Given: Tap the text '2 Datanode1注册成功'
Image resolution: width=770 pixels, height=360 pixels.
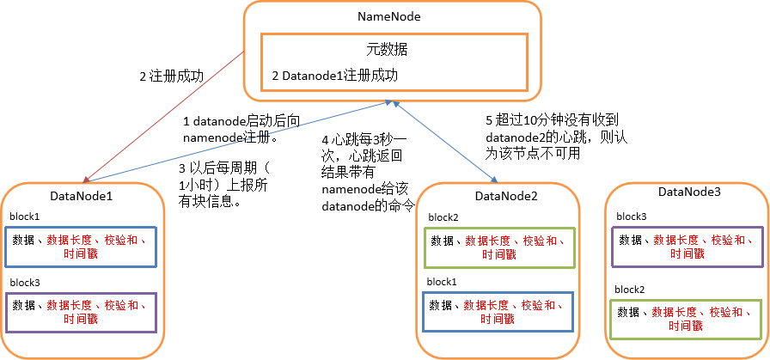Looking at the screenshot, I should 335,76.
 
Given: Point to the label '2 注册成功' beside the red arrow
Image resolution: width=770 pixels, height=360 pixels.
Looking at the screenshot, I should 171,76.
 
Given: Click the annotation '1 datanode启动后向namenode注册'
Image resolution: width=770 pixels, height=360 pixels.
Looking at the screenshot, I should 230,129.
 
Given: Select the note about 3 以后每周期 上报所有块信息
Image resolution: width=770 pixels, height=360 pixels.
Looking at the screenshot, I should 222,180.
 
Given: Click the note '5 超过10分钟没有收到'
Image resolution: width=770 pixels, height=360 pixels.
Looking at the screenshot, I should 534,137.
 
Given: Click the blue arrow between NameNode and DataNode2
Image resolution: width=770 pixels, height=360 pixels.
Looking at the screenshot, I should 445,143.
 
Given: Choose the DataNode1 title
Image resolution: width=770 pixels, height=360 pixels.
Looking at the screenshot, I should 82,197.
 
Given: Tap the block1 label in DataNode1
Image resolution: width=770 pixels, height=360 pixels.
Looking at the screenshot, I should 25,217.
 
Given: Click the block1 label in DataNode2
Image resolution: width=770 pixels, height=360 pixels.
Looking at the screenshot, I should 443,282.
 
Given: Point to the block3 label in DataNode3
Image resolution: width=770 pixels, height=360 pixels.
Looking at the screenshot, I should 632,217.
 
